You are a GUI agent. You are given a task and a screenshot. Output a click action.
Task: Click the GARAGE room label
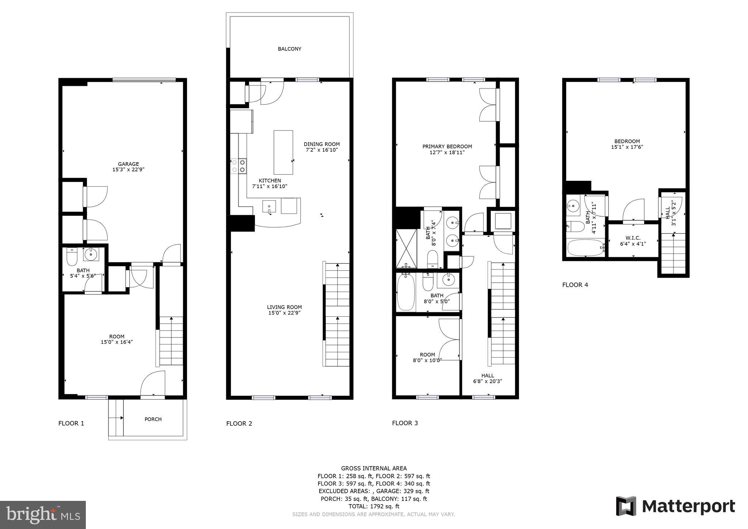coord(128,164)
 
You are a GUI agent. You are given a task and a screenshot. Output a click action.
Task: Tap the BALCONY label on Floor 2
coord(289,49)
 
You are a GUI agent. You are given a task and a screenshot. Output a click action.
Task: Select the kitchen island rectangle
coord(283,152)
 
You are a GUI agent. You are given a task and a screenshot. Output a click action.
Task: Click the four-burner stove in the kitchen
coord(238,166)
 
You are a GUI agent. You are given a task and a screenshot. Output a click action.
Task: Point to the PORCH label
coord(153,419)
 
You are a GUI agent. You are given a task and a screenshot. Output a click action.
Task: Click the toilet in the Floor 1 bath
coord(72,257)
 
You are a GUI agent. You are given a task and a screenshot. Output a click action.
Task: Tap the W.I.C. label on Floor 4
coord(633,238)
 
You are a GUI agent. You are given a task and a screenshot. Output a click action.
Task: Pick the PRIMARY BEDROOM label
coord(447,146)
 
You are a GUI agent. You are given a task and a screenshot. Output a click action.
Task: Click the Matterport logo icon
coord(626,506)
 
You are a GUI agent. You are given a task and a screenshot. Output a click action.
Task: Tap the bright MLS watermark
coord(43,515)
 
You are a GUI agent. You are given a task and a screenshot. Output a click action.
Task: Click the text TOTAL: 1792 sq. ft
coord(374,506)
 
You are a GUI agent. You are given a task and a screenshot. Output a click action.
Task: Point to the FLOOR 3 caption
coord(405,423)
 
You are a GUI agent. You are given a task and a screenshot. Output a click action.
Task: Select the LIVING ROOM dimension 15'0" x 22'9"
coord(284,313)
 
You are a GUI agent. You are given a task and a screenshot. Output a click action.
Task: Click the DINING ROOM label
coord(321,144)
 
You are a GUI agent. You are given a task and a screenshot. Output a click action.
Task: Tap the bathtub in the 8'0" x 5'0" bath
coord(406,292)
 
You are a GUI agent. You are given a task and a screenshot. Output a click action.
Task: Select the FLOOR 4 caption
coord(575,285)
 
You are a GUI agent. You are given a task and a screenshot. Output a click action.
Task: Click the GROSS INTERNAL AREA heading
coord(374,468)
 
